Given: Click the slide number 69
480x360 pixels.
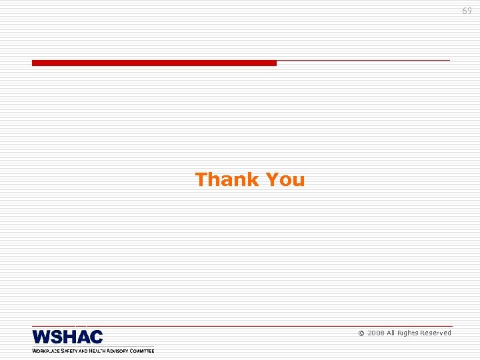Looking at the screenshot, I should [x=467, y=11].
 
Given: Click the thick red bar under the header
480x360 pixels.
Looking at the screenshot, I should [x=154, y=63].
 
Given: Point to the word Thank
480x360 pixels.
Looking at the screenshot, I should [x=227, y=179].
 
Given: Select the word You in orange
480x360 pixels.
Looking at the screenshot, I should [x=285, y=179].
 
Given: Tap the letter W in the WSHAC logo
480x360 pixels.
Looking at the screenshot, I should [x=41, y=337].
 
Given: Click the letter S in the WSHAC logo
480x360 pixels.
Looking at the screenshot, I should [x=57, y=337].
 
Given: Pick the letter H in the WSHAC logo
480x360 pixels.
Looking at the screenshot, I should [x=69, y=337].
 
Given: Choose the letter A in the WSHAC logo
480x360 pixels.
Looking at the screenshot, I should [x=83, y=337].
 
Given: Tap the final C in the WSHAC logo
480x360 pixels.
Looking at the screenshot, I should [x=96, y=337].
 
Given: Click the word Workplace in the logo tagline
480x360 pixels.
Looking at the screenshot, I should [x=46, y=351].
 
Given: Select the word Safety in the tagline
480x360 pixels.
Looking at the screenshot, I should [x=69, y=351].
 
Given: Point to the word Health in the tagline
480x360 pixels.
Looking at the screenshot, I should [x=99, y=351].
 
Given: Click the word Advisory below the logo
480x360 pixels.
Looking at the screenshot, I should [x=121, y=351].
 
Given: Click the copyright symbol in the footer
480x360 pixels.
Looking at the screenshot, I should [x=361, y=333].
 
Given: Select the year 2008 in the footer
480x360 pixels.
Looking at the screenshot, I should [x=375, y=333].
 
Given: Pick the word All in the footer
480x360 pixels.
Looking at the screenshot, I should [x=391, y=333].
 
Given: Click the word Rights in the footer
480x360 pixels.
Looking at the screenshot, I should [x=408, y=333].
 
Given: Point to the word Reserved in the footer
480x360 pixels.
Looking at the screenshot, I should [x=436, y=333].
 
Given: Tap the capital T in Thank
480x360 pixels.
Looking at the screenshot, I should [x=200, y=179].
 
